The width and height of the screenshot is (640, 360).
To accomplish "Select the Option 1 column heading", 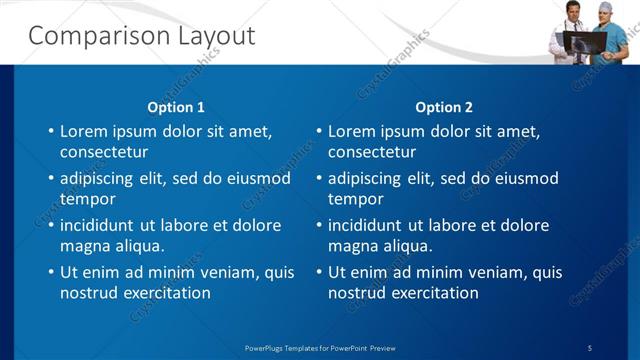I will click(176, 107).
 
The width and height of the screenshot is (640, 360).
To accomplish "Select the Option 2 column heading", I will click(444, 107).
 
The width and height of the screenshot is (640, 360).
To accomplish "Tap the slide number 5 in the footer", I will click(590, 347).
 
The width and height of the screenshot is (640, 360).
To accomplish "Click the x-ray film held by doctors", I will click(585, 42).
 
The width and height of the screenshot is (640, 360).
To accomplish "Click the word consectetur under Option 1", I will click(104, 152).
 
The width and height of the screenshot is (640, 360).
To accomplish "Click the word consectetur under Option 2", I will click(372, 152).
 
